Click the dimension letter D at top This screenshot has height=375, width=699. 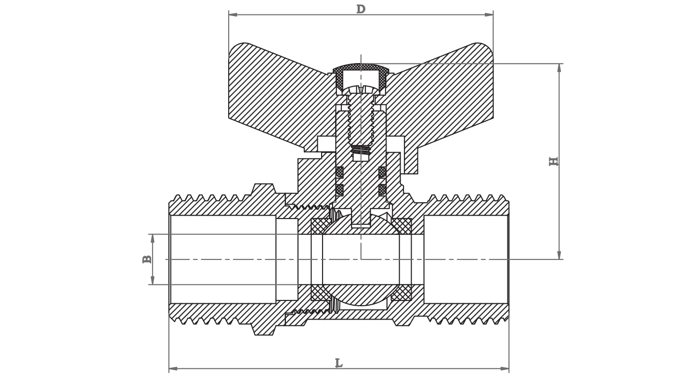click(x=361, y=9)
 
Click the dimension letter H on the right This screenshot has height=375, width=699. click(x=554, y=161)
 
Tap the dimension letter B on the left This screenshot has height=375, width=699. click(x=147, y=259)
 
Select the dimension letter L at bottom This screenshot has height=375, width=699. click(x=339, y=363)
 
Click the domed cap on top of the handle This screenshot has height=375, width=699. click(x=361, y=67)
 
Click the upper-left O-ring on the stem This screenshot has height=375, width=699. click(x=339, y=172)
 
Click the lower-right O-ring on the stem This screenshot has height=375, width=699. click(x=382, y=190)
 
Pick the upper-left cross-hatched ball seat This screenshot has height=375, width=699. click(x=320, y=226)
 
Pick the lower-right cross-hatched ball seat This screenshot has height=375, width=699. click(x=402, y=292)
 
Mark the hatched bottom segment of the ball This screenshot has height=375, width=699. click(x=361, y=294)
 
